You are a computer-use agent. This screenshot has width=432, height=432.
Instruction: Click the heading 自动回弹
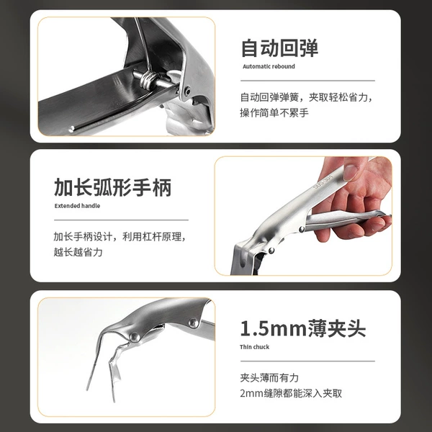(279, 48)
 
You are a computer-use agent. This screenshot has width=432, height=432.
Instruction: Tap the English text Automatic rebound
(269, 66)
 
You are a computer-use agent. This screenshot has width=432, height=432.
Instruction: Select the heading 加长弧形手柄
(113, 187)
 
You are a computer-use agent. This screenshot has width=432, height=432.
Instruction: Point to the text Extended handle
(77, 206)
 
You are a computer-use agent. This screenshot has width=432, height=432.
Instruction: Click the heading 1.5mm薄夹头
(303, 328)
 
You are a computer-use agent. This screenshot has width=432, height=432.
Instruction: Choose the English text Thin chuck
(254, 347)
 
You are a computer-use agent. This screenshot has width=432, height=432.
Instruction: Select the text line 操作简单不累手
(274, 113)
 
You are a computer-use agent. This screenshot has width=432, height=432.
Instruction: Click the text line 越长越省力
(78, 252)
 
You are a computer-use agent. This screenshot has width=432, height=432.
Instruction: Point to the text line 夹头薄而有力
(269, 377)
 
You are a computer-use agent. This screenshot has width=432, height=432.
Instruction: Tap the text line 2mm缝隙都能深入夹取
(291, 393)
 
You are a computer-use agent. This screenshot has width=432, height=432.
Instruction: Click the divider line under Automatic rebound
(307, 81)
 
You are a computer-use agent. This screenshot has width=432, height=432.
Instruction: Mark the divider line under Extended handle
(121, 220)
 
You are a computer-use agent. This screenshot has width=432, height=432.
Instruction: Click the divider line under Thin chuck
(307, 361)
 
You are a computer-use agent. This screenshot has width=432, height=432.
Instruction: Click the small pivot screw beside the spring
(188, 91)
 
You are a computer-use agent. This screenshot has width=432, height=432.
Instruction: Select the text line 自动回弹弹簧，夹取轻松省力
(307, 97)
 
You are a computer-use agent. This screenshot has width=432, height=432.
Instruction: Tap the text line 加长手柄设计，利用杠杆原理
(120, 237)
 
